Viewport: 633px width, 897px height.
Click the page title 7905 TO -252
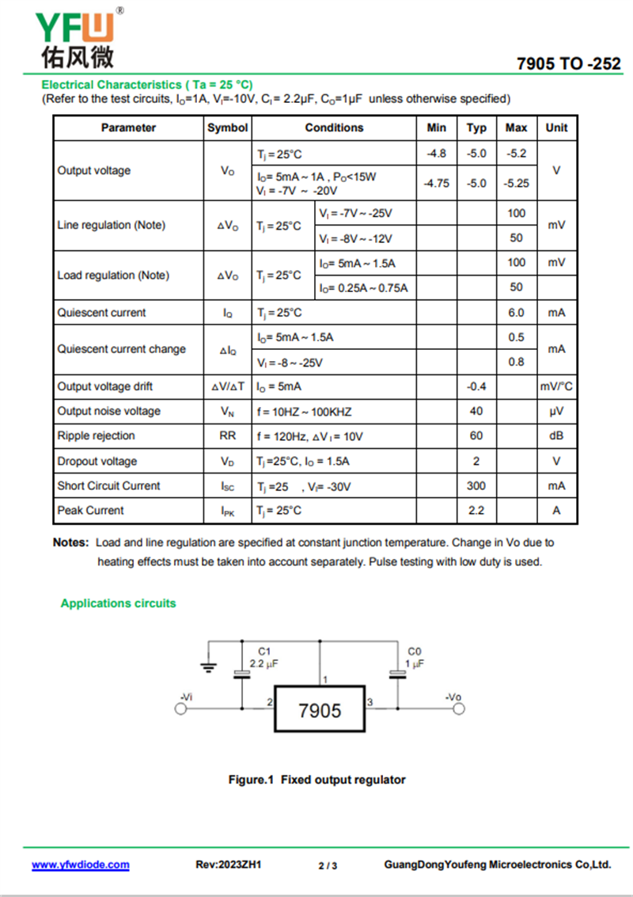click(x=568, y=64)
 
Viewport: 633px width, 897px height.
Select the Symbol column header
click(x=227, y=127)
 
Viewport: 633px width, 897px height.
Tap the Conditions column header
click(x=334, y=127)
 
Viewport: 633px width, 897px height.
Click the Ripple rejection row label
click(x=96, y=436)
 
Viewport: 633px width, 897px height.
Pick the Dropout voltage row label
click(x=97, y=461)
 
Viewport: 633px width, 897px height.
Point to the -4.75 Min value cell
click(x=436, y=183)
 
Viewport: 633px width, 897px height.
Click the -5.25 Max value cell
click(x=516, y=183)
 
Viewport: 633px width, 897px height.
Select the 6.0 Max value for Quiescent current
click(x=516, y=313)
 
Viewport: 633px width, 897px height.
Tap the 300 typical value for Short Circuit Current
click(x=476, y=485)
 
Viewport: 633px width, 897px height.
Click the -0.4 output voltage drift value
click(x=476, y=386)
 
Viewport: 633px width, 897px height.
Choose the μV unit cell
click(x=556, y=412)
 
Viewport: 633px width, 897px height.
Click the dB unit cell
click(x=556, y=436)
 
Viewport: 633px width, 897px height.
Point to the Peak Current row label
click(x=90, y=511)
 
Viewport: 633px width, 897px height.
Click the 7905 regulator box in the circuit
click(x=320, y=710)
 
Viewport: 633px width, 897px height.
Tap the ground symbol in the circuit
click(x=208, y=667)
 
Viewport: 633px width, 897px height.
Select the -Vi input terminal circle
click(x=181, y=709)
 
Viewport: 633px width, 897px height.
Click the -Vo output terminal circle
click(x=458, y=709)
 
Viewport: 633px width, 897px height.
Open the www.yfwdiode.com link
click(x=80, y=865)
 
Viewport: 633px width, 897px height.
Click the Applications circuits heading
click(x=118, y=603)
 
